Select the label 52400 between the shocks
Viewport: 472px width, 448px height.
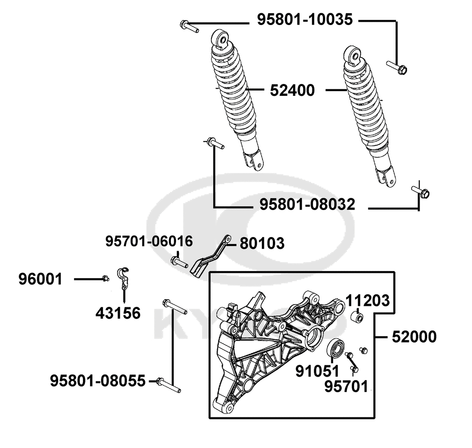[292, 90]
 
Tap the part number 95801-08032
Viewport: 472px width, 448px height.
[307, 204]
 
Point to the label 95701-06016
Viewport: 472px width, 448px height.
[149, 241]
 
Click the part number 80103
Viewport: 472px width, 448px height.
[262, 243]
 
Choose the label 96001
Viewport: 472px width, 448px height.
[41, 279]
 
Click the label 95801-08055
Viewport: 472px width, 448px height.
[98, 380]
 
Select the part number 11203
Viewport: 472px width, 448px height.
[368, 301]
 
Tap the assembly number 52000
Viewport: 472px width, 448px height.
[413, 337]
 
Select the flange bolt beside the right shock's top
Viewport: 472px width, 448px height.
[397, 68]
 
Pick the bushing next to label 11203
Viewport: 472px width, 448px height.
[358, 316]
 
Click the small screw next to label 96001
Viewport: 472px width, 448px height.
[106, 278]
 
